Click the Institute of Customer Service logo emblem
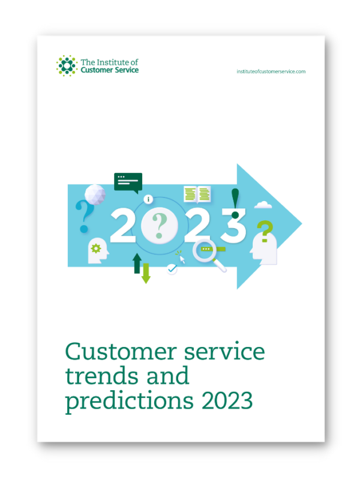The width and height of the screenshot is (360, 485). coord(67,65)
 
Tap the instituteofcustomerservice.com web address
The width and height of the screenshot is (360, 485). coord(272,71)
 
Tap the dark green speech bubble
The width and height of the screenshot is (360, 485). coord(128,181)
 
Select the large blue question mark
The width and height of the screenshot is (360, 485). coord(84,216)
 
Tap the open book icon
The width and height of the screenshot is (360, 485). coord(197,193)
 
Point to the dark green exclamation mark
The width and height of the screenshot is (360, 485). coord(235,202)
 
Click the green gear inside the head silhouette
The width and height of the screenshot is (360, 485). coord(95,247)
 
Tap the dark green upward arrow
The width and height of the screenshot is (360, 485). coord(137,263)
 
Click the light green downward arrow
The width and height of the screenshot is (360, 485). coord(146,273)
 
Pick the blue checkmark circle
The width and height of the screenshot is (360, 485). coord(172,270)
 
